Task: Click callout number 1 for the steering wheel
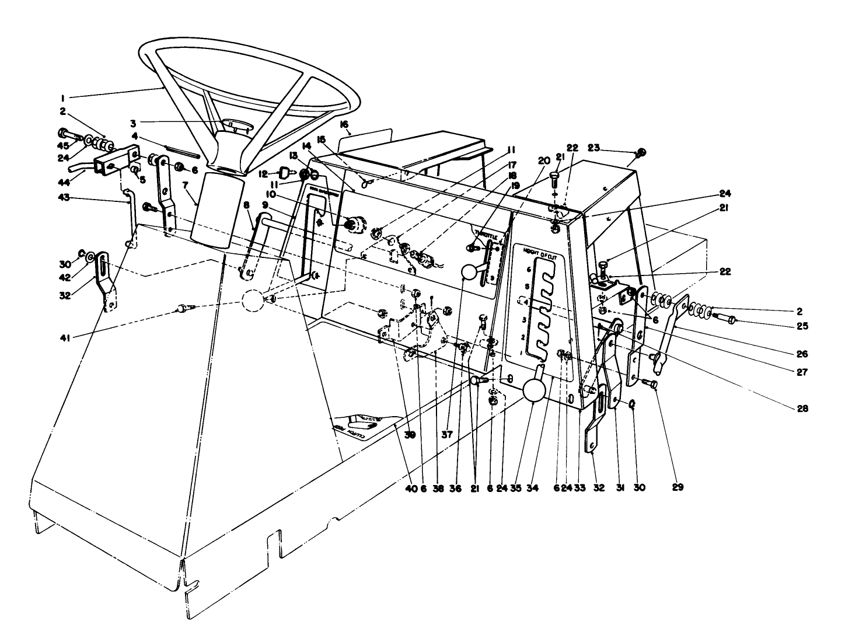[62, 96]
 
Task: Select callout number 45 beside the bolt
[62, 145]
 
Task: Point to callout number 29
[678, 486]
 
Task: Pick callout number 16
[344, 124]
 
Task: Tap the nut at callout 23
[640, 153]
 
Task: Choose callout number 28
[802, 408]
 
